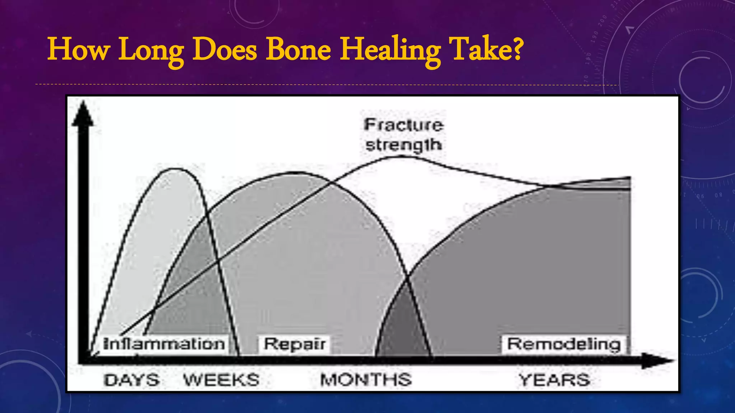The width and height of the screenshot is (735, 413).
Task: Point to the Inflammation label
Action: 164,344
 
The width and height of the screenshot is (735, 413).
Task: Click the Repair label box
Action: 295,344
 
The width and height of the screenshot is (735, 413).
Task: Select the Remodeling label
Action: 564,344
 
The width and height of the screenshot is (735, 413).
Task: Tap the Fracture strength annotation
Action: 404,135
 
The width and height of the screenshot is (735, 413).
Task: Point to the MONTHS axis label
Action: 366,380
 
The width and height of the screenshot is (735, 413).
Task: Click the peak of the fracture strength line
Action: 395,156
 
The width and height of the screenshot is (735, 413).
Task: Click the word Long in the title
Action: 151,50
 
